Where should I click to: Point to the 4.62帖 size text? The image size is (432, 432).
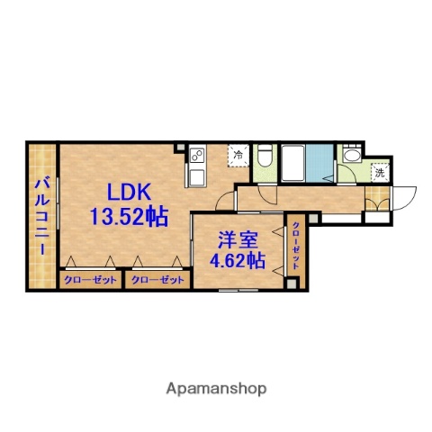point(238,262)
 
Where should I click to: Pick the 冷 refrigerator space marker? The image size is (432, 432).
point(238,155)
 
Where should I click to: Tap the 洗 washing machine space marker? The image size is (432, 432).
point(380,172)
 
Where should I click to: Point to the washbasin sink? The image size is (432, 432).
point(351,160)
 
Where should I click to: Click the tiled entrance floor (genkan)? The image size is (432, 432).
point(381,200)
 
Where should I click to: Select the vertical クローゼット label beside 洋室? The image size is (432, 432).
point(295,245)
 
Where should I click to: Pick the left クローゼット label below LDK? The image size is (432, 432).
point(91,281)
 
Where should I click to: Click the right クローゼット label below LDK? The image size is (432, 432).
point(157,281)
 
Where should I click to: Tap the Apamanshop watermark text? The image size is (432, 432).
point(215,389)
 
